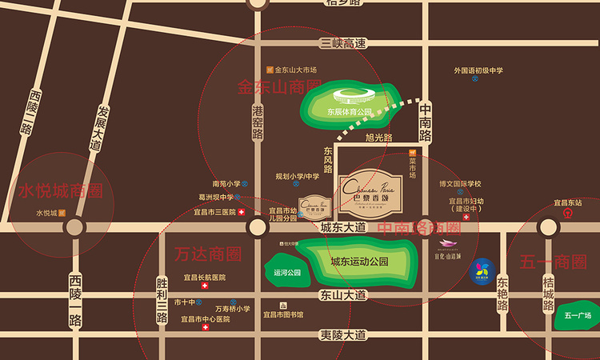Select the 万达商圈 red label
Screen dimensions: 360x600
tap(207, 254)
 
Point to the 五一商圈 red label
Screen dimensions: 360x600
tap(553, 262)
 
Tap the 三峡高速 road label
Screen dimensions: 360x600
tap(342, 42)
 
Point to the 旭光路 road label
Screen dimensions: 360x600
tap(379, 138)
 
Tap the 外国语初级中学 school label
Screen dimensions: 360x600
tap(478, 70)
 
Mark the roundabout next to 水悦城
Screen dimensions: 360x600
tap(75, 226)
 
